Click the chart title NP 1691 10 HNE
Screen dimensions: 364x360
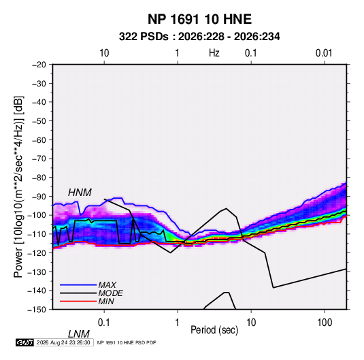click(x=199, y=19)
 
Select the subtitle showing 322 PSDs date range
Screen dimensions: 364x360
click(x=199, y=37)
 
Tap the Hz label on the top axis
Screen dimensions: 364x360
click(x=214, y=53)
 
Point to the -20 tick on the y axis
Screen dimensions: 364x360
click(x=39, y=65)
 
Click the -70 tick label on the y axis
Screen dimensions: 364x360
click(x=39, y=159)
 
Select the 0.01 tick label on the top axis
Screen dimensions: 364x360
click(x=324, y=53)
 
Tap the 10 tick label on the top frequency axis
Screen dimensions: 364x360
click(x=104, y=53)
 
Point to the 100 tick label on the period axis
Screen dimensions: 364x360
click(x=325, y=323)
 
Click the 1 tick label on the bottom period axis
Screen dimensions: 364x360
click(x=178, y=323)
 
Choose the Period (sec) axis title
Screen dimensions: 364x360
click(x=214, y=330)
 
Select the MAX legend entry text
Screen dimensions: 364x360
click(x=107, y=285)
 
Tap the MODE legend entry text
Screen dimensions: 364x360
click(x=110, y=293)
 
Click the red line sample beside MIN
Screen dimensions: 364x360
click(x=78, y=301)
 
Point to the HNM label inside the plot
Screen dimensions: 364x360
click(x=80, y=193)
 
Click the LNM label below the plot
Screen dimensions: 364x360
click(x=79, y=334)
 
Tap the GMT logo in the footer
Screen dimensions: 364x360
click(x=24, y=342)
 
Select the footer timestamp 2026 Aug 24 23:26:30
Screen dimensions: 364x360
click(x=63, y=342)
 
